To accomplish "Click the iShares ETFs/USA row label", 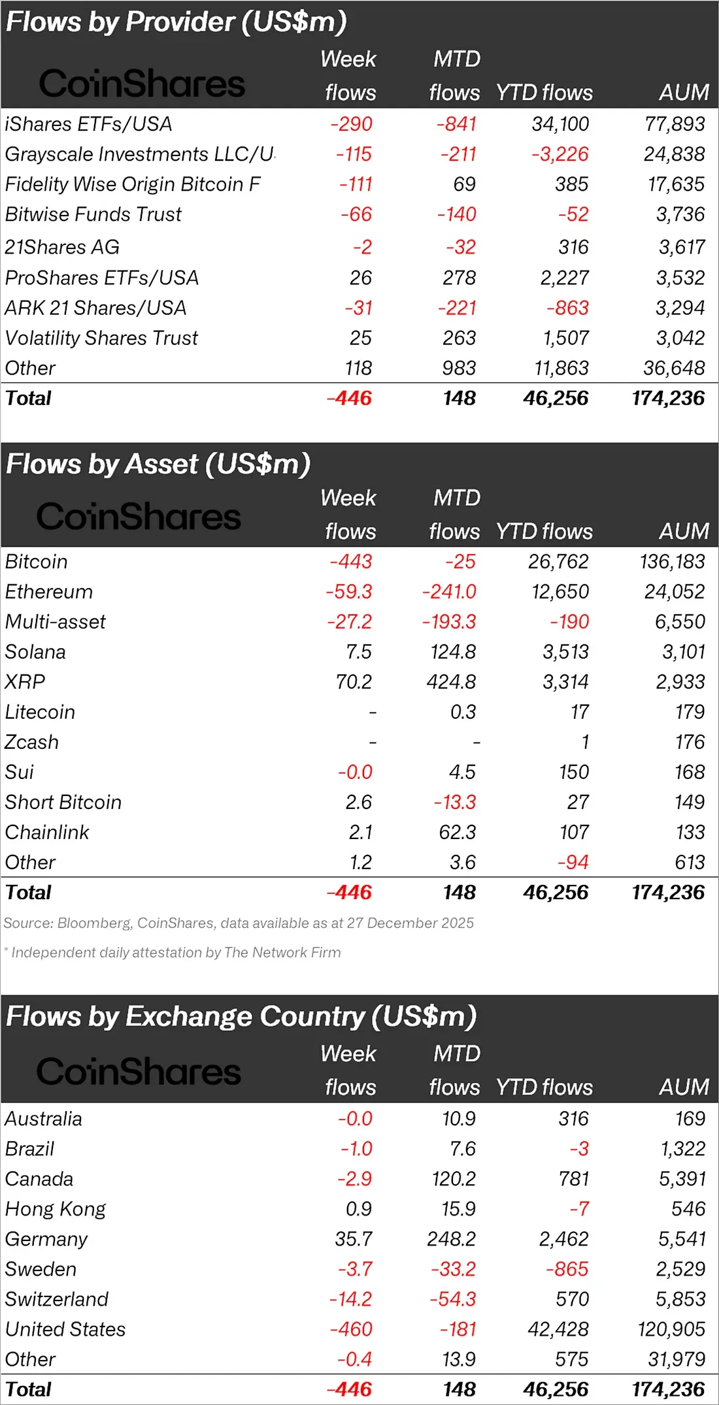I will coord(88,124).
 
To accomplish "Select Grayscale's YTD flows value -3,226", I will coord(560,154).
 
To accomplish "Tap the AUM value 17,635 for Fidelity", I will coord(676,184).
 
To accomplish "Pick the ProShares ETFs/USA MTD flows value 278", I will coord(459,278).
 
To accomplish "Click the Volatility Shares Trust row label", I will coord(101,338).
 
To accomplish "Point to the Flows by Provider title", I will coord(176,22).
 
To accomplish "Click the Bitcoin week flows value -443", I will coord(350,561).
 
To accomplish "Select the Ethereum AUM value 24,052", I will coord(675,591).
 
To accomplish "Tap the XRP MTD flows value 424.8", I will coord(451,682).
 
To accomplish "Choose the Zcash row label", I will coord(32,742).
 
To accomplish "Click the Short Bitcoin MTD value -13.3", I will coord(454,802).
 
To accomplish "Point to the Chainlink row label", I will coord(47,832).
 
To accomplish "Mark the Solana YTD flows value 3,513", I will coord(565,652).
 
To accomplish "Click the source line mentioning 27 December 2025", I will coord(239,923).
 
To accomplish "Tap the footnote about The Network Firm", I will coord(173,952).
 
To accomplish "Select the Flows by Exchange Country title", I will coord(241,1017).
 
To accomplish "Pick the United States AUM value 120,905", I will coord(671,1329).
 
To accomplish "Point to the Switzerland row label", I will coord(57,1299).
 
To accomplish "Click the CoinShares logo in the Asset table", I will coord(139,516).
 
